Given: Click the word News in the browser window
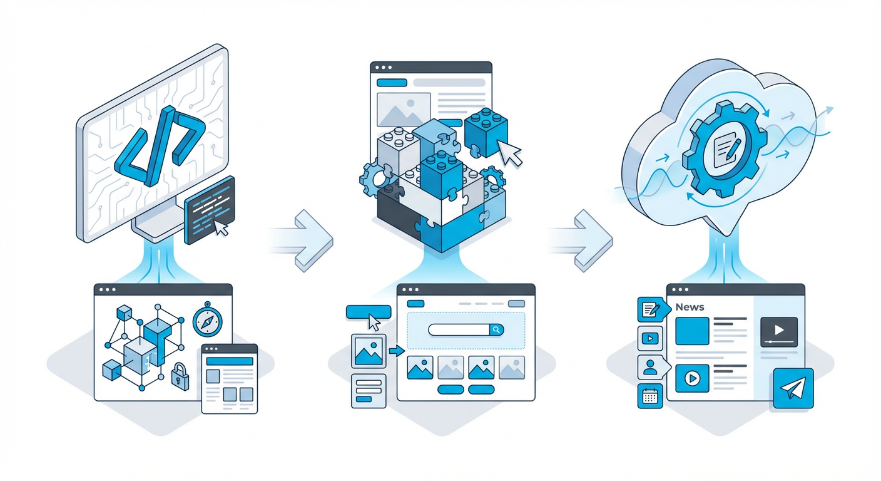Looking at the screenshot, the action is click(690, 307).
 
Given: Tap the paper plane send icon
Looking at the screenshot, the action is click(793, 388).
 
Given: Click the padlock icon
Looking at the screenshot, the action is click(180, 376).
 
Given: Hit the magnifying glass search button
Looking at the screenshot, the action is click(496, 329).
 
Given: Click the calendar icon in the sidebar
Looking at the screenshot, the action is click(649, 396).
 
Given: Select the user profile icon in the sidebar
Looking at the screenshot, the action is click(651, 367).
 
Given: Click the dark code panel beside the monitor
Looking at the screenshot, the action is click(210, 210).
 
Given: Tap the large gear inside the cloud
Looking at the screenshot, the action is click(725, 149).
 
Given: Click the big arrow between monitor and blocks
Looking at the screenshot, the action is click(303, 240).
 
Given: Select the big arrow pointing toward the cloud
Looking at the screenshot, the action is click(582, 240).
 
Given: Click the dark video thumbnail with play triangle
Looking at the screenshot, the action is click(779, 332).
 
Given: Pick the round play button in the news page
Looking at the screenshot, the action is click(692, 378).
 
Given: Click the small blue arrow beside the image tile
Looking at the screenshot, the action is click(397, 351).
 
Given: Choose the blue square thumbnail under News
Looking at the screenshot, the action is click(692, 331).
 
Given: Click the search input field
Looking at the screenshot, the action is click(459, 329).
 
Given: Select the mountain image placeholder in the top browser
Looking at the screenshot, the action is click(404, 109).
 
